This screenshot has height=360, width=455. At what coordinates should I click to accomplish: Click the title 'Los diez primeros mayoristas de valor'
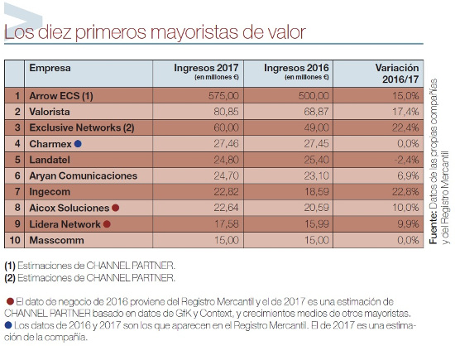[155, 33]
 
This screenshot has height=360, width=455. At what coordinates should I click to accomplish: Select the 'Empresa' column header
[50, 69]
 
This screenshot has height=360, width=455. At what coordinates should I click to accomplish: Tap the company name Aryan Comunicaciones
[83, 175]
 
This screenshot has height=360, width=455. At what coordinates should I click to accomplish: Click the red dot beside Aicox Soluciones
[116, 208]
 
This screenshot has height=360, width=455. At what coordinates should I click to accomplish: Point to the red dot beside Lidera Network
[107, 223]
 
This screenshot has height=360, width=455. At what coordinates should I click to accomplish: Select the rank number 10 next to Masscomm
[16, 239]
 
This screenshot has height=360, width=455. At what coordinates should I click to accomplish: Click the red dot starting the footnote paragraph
[9, 300]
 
